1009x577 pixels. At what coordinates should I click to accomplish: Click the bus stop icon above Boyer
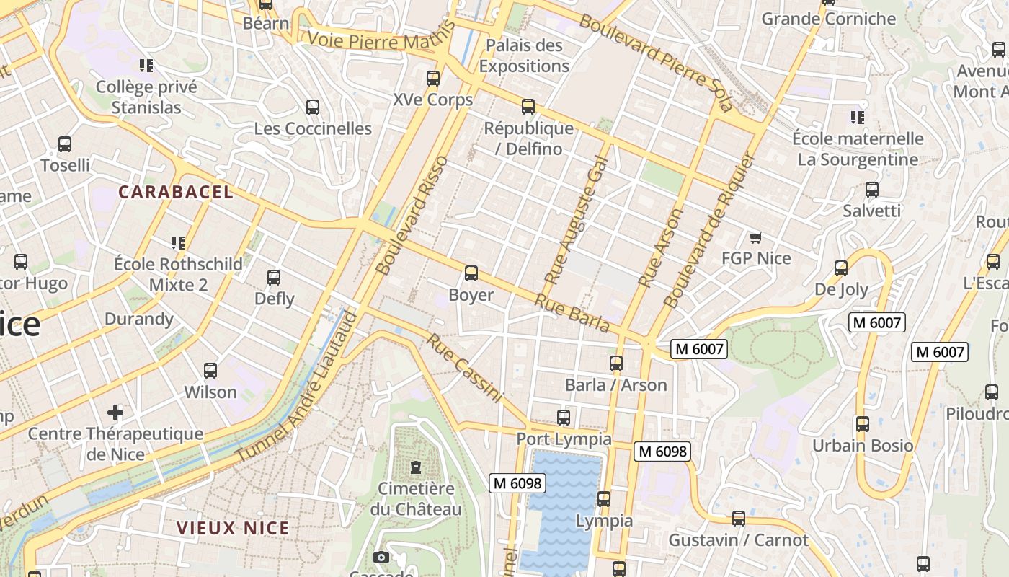471,273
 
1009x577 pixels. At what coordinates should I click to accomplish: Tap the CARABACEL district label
176,192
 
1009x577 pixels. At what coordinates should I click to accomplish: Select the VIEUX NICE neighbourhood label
233,528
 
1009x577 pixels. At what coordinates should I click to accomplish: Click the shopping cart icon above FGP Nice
755,237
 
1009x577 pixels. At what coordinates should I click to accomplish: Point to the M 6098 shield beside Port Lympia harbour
517,483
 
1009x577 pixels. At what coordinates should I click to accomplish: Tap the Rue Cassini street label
463,367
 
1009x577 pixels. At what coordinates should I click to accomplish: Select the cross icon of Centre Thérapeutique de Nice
115,412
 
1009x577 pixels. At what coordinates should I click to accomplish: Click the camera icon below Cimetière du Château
381,557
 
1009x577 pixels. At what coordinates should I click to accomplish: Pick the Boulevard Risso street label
412,215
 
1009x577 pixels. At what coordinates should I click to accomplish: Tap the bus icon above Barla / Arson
615,363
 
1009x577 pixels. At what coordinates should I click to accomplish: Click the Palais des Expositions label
524,56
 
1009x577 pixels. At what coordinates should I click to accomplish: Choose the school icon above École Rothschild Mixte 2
177,242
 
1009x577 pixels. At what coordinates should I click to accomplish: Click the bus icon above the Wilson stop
210,371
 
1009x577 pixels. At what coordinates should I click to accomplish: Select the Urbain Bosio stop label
863,445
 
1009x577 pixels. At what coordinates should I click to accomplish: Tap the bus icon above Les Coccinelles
313,107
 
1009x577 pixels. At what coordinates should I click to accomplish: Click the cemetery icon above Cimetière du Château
416,467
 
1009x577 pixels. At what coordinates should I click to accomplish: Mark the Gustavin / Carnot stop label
738,539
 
